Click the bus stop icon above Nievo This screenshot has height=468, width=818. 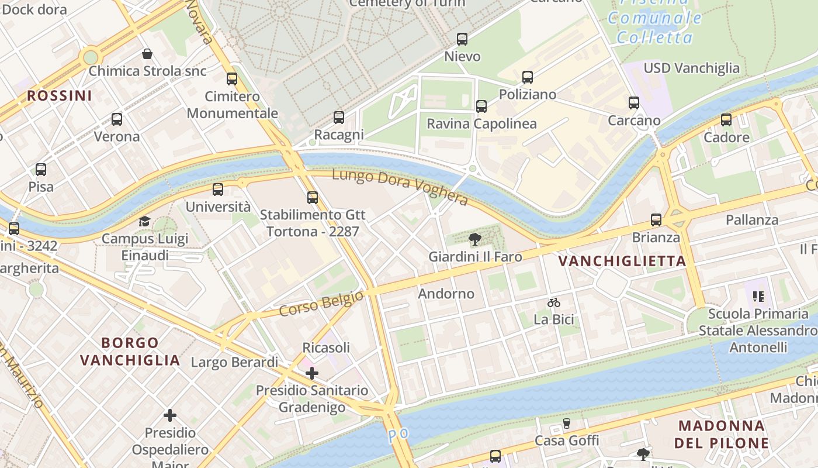coord(462,39)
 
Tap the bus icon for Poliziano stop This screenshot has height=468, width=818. coord(528,77)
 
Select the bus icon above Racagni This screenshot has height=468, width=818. coord(339,118)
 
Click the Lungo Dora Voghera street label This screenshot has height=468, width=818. coord(400,187)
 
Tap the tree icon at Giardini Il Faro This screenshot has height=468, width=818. coord(475,239)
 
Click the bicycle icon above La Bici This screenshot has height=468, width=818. coord(554,302)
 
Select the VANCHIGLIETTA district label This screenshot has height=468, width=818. coord(622,261)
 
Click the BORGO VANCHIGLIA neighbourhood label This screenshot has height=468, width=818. coord(130,351)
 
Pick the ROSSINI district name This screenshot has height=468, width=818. coord(60,95)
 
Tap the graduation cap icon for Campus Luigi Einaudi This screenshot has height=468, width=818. coord(144,221)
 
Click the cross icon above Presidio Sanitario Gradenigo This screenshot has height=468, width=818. coord(312,373)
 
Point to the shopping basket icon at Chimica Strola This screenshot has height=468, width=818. coord(147,54)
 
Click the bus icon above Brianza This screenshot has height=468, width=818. coord(656,220)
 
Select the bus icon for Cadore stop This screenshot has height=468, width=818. coord(726,120)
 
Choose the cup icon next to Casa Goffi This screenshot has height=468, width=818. coord(566,423)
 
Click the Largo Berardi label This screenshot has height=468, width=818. coord(235,362)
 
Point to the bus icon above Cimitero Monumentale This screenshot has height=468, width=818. coord(232,79)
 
